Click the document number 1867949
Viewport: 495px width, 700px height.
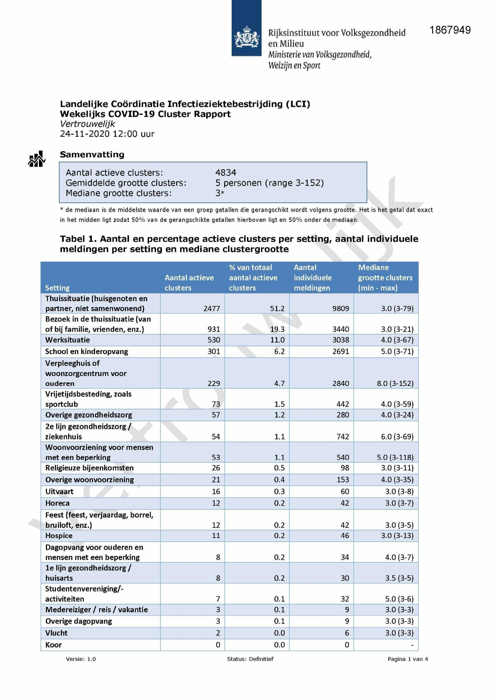coord(450,30)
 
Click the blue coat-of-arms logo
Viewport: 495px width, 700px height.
coord(246,28)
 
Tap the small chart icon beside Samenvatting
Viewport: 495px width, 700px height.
coord(37,159)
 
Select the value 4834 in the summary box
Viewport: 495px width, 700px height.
coord(226,172)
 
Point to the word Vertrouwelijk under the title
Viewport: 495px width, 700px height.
coord(87,124)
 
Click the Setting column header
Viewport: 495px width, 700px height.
coord(57,288)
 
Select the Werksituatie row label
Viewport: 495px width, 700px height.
coord(67,340)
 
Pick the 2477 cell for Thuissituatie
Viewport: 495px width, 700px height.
coord(212,309)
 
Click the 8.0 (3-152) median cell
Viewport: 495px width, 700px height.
coord(395,383)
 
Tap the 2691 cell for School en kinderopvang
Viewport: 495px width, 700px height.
coord(341,351)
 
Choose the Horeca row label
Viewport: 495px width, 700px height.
coord(57,503)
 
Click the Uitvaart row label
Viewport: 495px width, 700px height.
coord(59,491)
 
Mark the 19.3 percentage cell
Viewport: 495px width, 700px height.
coord(277,329)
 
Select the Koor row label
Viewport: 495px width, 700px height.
coord(53,645)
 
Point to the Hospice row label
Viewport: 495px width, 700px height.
coord(59,536)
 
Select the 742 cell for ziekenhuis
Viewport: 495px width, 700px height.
coord(343,437)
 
